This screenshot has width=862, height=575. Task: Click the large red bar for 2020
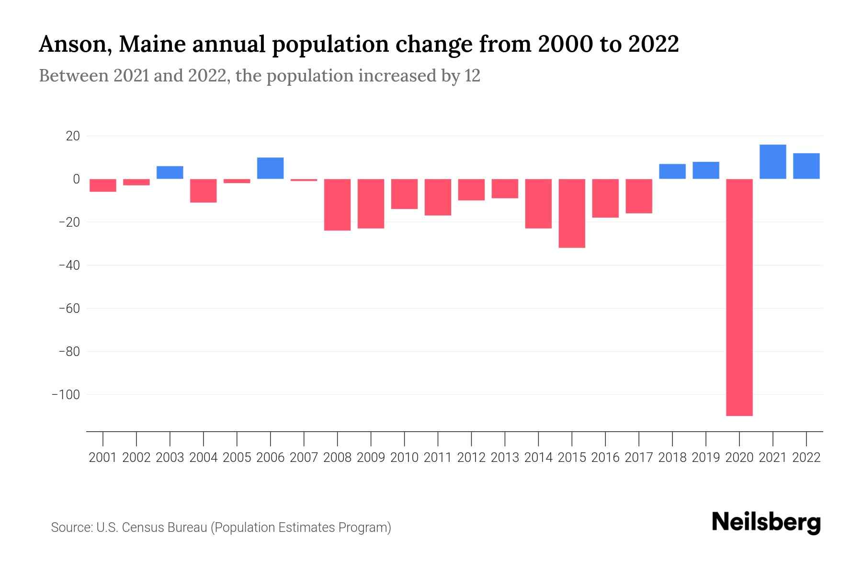click(739, 297)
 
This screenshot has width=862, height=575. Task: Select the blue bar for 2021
click(772, 162)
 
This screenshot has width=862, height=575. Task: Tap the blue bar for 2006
click(271, 168)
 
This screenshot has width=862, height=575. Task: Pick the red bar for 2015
click(572, 213)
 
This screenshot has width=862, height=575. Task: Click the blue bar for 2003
click(170, 172)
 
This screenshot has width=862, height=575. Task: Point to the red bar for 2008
click(338, 205)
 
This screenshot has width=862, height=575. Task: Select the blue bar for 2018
click(672, 172)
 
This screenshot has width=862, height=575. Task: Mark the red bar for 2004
click(204, 191)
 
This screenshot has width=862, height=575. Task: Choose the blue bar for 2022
click(806, 166)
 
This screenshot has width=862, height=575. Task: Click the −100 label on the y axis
click(66, 395)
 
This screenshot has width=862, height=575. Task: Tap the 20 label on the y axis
click(73, 137)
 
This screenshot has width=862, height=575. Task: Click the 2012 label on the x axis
click(471, 458)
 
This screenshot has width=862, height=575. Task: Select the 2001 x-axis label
click(103, 458)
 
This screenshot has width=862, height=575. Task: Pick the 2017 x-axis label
click(639, 458)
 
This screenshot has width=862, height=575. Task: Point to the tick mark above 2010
click(405, 438)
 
